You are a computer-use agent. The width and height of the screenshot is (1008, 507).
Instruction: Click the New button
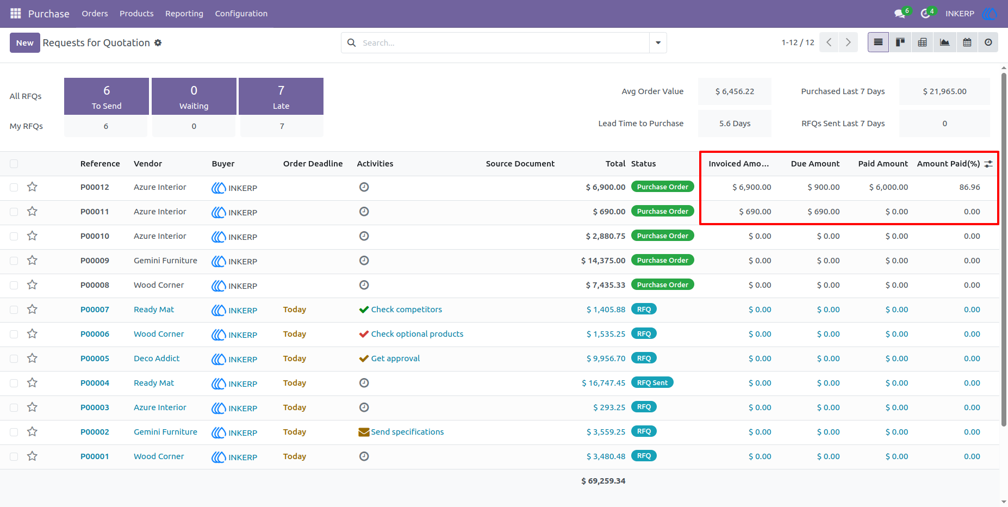pos(24,42)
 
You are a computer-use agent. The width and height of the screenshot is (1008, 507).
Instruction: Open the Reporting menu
pos(184,14)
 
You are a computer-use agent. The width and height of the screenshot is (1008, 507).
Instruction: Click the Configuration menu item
pos(241,14)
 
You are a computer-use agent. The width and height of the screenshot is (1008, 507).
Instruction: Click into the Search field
pos(503,42)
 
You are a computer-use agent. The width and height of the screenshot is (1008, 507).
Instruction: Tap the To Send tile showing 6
pos(107,96)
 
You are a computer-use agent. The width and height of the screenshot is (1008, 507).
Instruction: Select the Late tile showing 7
pos(281,96)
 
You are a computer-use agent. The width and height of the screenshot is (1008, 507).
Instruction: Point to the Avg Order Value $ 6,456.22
pos(735,91)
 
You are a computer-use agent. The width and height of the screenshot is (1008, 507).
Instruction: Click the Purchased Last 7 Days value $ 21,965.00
pos(944,91)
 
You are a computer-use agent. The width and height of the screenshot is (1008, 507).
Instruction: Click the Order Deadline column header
pos(313,164)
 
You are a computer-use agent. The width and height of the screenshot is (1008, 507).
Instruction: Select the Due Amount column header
pos(815,164)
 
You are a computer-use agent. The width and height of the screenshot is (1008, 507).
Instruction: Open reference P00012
pos(95,187)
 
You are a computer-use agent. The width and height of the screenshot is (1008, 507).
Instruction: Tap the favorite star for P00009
pos(33,261)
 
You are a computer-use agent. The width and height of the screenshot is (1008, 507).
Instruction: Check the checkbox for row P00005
pos(14,358)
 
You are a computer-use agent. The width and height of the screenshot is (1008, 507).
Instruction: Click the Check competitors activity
pos(401,310)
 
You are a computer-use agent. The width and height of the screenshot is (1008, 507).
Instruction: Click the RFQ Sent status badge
pos(652,382)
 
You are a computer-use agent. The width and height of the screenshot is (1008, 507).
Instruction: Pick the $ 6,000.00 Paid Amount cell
pos(888,187)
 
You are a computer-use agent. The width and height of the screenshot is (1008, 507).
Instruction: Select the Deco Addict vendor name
pos(157,358)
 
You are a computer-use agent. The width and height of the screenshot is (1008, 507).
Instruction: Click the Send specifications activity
pos(401,432)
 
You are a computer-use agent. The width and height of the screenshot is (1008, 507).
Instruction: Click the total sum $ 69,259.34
pos(603,481)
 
